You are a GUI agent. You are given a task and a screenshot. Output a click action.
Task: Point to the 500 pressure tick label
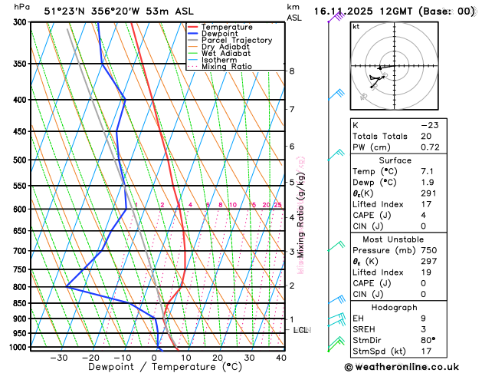(x=21, y=160)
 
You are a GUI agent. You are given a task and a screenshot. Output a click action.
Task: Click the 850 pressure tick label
(x=21, y=303)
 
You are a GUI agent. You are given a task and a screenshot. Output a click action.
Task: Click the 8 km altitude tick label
(x=292, y=71)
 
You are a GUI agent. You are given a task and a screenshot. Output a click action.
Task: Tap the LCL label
(x=301, y=330)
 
